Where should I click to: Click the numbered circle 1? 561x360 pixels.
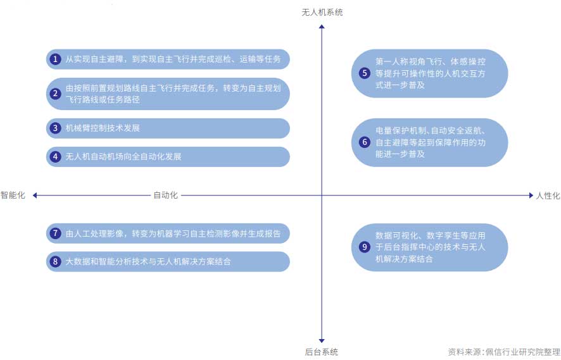point(56,59)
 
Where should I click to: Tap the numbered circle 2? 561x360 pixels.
point(56,94)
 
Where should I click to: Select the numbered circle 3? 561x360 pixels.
point(56,128)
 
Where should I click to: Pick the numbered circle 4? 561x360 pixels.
point(56,156)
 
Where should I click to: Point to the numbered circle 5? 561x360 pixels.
point(364,73)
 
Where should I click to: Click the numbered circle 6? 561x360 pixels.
point(364,142)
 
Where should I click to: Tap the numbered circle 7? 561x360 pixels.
point(56,233)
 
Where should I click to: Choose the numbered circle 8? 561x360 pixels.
point(56,261)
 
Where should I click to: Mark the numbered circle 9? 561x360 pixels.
point(364,247)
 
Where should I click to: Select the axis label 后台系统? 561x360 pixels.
point(322,352)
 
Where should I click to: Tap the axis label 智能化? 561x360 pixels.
point(13,196)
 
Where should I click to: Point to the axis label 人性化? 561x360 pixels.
point(548,196)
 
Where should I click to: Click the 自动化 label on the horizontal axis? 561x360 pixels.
point(166,196)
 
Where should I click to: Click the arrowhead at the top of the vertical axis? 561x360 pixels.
point(322,27)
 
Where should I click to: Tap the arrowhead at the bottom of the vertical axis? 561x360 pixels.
point(322,340)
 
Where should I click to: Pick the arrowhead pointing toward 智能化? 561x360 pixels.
point(35,196)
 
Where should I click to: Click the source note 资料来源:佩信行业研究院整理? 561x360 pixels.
point(503,352)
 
